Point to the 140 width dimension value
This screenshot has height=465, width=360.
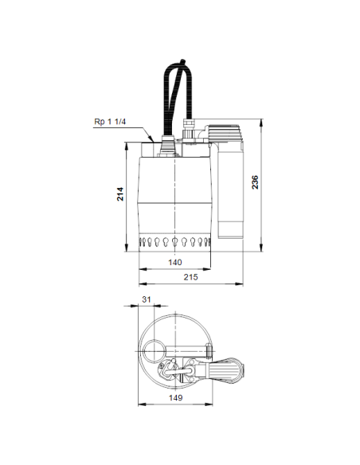[x=175, y=262]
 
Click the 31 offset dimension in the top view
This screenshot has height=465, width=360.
[x=146, y=299]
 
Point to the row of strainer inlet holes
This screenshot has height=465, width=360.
[x=175, y=240]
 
